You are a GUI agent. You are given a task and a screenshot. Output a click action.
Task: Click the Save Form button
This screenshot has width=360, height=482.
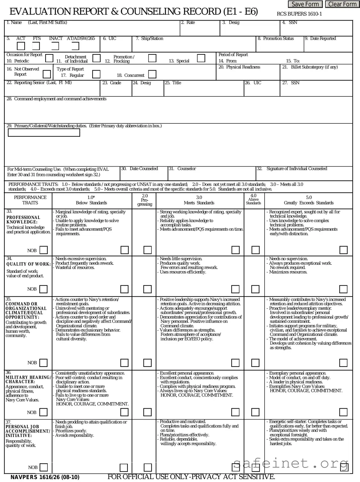pos(305,4)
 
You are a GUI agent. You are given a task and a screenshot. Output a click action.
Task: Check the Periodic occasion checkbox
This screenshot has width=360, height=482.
pos(49,58)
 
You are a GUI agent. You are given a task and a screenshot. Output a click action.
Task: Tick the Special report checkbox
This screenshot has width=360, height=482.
pos(201,58)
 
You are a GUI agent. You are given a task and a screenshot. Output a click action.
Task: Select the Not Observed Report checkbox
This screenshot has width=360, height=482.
pos(47,74)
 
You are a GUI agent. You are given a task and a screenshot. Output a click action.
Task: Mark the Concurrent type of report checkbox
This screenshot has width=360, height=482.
pos(152,74)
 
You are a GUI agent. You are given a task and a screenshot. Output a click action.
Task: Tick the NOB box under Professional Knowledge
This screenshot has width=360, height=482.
pos(44,250)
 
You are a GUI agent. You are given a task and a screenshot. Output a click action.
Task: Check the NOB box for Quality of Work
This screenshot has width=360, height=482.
pos(44,289)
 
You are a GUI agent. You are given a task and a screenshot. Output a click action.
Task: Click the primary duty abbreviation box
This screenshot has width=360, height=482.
pos(44,133)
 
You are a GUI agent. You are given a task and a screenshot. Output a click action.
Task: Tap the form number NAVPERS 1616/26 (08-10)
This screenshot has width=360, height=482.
pos(45,477)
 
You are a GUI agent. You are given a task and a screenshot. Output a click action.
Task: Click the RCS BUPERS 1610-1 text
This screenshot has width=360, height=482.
pos(299,14)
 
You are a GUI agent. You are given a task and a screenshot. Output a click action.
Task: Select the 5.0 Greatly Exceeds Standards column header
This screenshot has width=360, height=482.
pos(308,200)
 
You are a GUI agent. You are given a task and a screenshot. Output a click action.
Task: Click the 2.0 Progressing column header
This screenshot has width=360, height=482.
pos(145,200)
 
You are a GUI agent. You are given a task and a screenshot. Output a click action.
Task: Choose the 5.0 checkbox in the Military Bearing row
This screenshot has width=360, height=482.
pos(343,412)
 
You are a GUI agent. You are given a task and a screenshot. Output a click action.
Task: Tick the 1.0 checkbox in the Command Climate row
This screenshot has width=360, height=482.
pos(124,363)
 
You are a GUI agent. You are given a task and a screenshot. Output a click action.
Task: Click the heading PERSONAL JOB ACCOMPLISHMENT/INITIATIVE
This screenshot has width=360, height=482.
pos(28,431)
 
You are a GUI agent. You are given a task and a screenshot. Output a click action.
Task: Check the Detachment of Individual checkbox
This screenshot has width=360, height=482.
pos(96,58)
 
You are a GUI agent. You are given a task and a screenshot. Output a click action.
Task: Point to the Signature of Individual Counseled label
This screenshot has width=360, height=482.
pos(297,169)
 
